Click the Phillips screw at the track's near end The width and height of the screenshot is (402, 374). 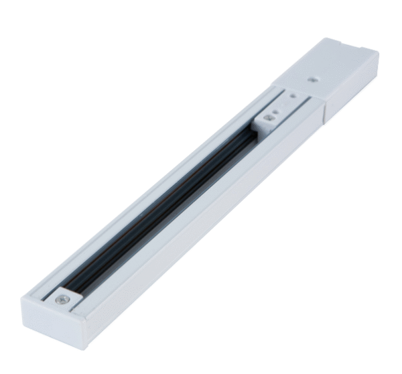pos(62,299)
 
